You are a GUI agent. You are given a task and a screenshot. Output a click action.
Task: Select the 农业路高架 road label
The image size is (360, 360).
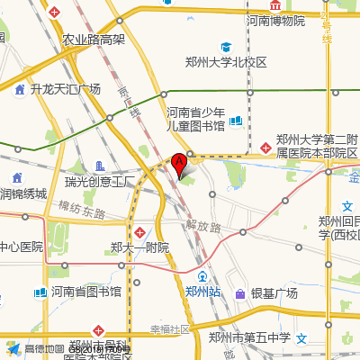(94, 40)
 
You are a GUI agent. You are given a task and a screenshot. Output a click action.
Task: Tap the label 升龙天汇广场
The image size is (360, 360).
(65, 89)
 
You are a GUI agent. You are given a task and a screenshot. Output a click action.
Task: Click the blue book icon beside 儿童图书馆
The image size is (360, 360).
(236, 121)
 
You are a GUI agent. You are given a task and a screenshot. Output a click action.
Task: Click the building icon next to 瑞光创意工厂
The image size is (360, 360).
(99, 166)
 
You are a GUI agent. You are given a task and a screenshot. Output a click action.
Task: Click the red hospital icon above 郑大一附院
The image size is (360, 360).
(139, 232)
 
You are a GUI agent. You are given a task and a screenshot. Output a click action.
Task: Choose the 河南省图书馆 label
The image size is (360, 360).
(85, 292)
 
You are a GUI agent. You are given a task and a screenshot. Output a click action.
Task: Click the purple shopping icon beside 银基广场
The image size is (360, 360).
(240, 293)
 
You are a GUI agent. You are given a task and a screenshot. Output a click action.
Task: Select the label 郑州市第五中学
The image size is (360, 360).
(249, 337)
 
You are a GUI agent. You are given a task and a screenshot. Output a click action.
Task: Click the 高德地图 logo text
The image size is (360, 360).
(44, 348)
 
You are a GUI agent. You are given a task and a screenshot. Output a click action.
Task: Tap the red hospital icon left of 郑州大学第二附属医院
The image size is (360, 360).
(265, 147)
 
